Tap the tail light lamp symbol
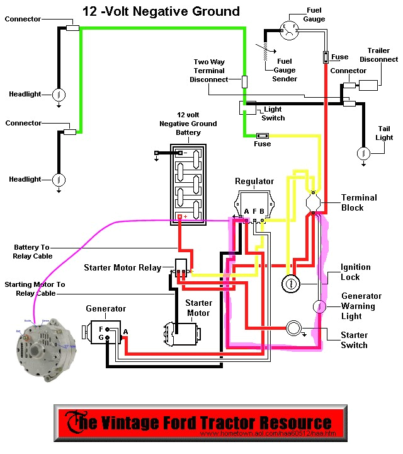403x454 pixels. click(363, 153)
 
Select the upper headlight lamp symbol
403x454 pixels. click(58, 95)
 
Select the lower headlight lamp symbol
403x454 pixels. click(58, 180)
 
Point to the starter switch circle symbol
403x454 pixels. click(294, 329)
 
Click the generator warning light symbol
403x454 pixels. click(319, 307)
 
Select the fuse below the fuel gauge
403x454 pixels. click(326, 57)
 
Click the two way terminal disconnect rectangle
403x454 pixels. click(245, 81)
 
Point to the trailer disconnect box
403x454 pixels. click(368, 84)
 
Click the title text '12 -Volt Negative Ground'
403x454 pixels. click(161, 11)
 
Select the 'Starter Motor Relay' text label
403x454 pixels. click(122, 268)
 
